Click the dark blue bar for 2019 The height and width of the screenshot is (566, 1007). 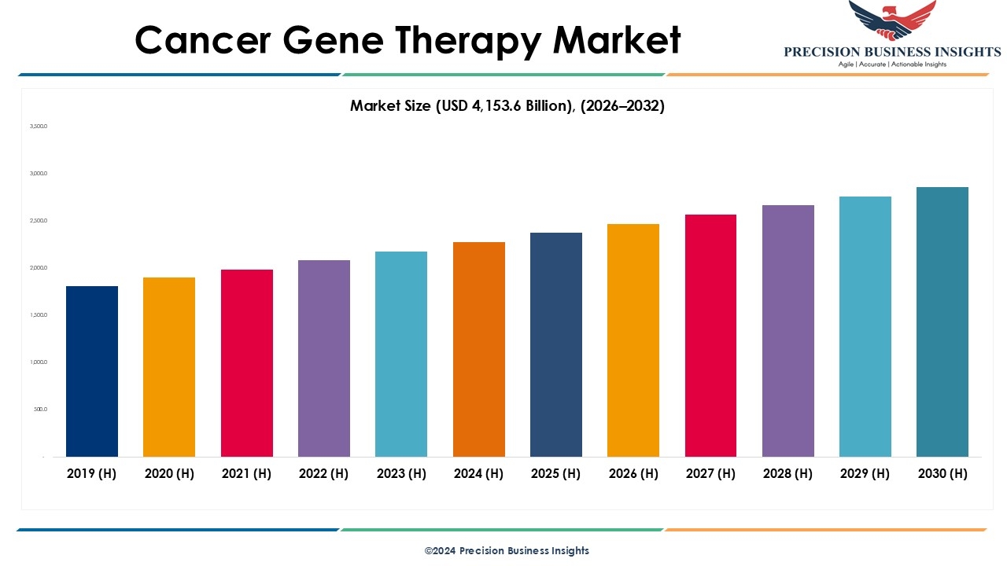click(x=92, y=371)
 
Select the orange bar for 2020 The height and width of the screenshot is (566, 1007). click(x=169, y=367)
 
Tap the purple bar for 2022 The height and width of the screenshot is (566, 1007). click(x=324, y=358)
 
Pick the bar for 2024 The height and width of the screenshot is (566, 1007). click(x=479, y=349)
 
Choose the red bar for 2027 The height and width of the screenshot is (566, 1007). click(x=710, y=336)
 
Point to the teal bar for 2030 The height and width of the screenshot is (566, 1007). click(x=942, y=322)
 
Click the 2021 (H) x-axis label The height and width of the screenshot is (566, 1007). click(x=246, y=473)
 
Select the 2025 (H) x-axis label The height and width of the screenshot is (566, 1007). click(x=555, y=473)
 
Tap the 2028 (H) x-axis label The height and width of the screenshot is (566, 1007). click(x=788, y=473)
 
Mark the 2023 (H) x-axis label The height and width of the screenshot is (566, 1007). click(x=401, y=473)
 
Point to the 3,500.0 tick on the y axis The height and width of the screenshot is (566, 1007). click(x=39, y=126)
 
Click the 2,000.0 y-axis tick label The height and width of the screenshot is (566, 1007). click(x=39, y=268)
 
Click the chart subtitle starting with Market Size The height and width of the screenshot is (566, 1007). click(x=507, y=106)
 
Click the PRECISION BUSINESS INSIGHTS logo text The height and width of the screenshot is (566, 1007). click(x=892, y=52)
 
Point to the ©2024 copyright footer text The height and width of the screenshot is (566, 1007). click(x=507, y=550)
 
